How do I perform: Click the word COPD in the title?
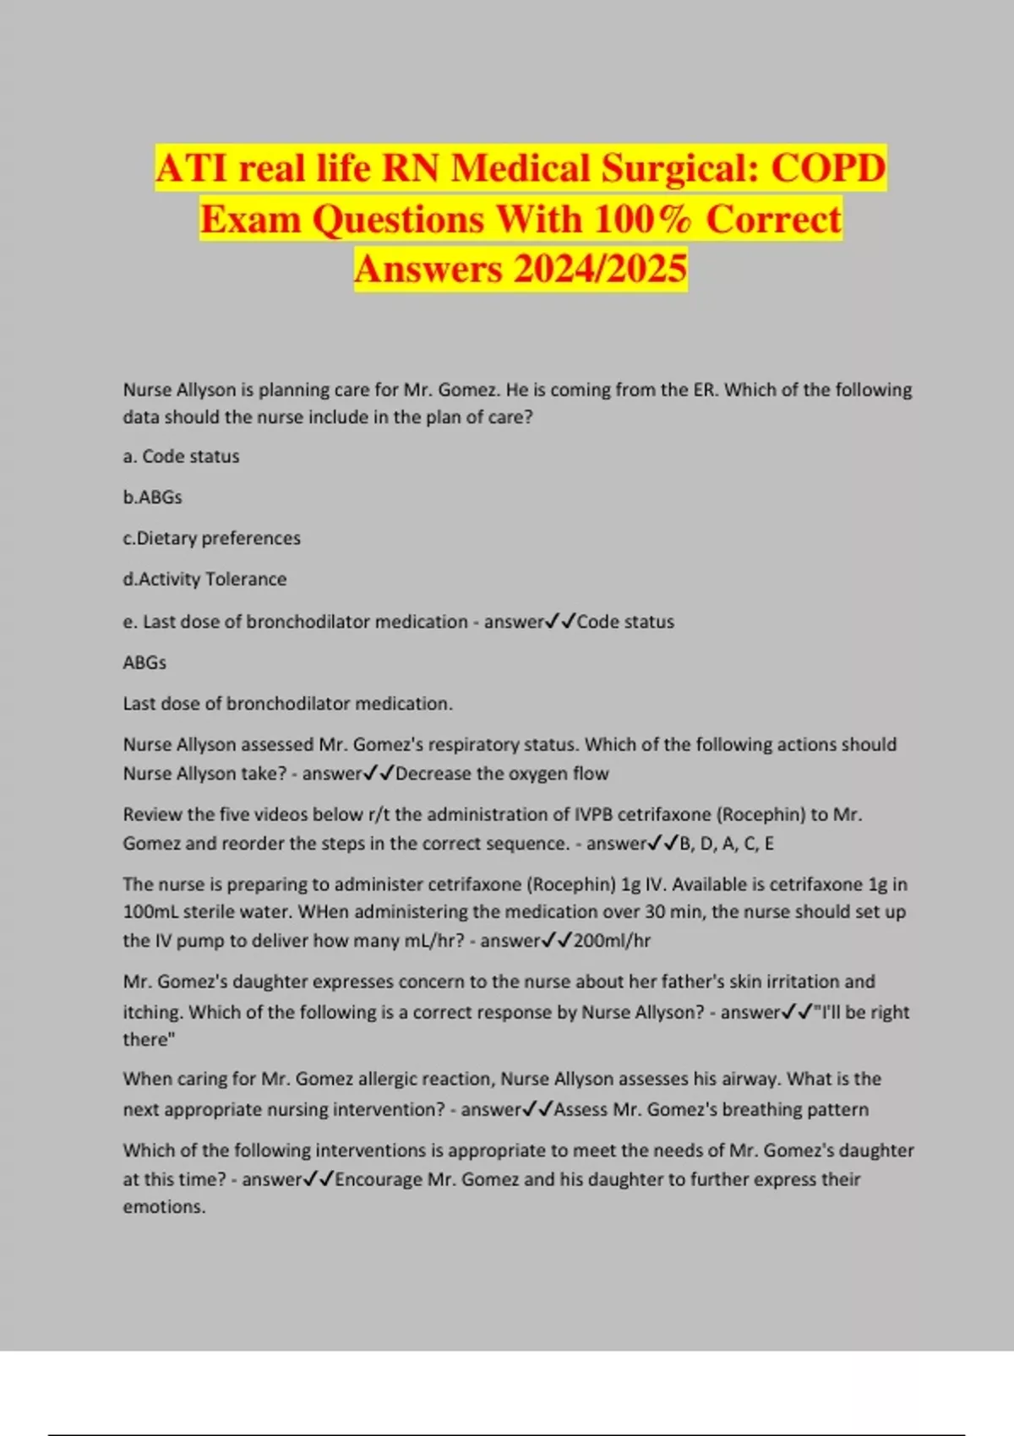828,168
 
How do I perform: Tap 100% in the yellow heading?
642,220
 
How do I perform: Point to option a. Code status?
181,456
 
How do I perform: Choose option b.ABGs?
152,498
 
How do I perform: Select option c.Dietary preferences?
211,538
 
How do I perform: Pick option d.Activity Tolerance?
204,579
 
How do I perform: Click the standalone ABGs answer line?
144,662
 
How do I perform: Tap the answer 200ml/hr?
612,940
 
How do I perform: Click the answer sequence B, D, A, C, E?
727,843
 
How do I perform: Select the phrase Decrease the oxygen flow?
502,774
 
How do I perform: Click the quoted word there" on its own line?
149,1040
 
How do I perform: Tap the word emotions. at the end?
164,1207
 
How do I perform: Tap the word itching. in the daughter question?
153,1012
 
